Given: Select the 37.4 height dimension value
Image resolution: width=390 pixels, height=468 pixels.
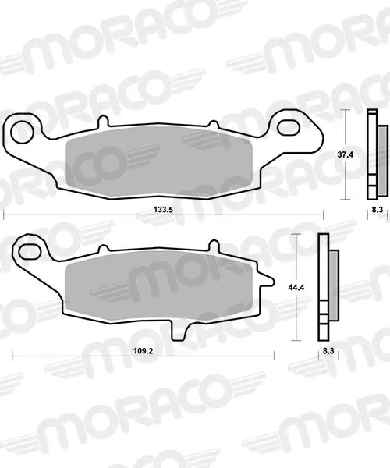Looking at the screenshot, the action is pos(346,154).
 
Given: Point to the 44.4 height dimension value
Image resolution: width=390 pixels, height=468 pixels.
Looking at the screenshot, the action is pos(296,287).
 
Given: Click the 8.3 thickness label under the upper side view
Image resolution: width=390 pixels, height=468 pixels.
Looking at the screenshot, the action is pos(378,210).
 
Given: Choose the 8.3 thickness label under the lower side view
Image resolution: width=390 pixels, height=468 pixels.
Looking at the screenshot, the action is pos(328,351).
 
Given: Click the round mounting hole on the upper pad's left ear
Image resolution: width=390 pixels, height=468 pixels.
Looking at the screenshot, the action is pos(22,132).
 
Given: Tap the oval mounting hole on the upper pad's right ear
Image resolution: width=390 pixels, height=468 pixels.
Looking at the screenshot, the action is pos(289,127).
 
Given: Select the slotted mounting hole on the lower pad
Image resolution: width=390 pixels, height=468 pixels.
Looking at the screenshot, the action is pos(30,251).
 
